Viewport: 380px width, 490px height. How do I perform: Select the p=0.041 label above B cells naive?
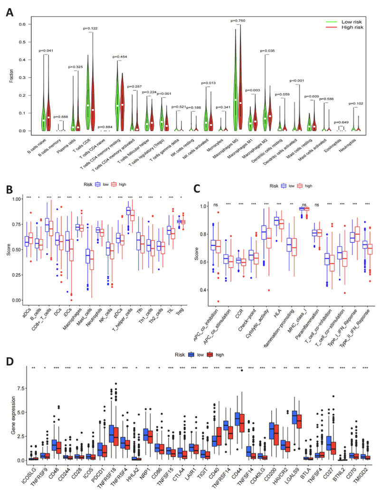coord(46,51)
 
